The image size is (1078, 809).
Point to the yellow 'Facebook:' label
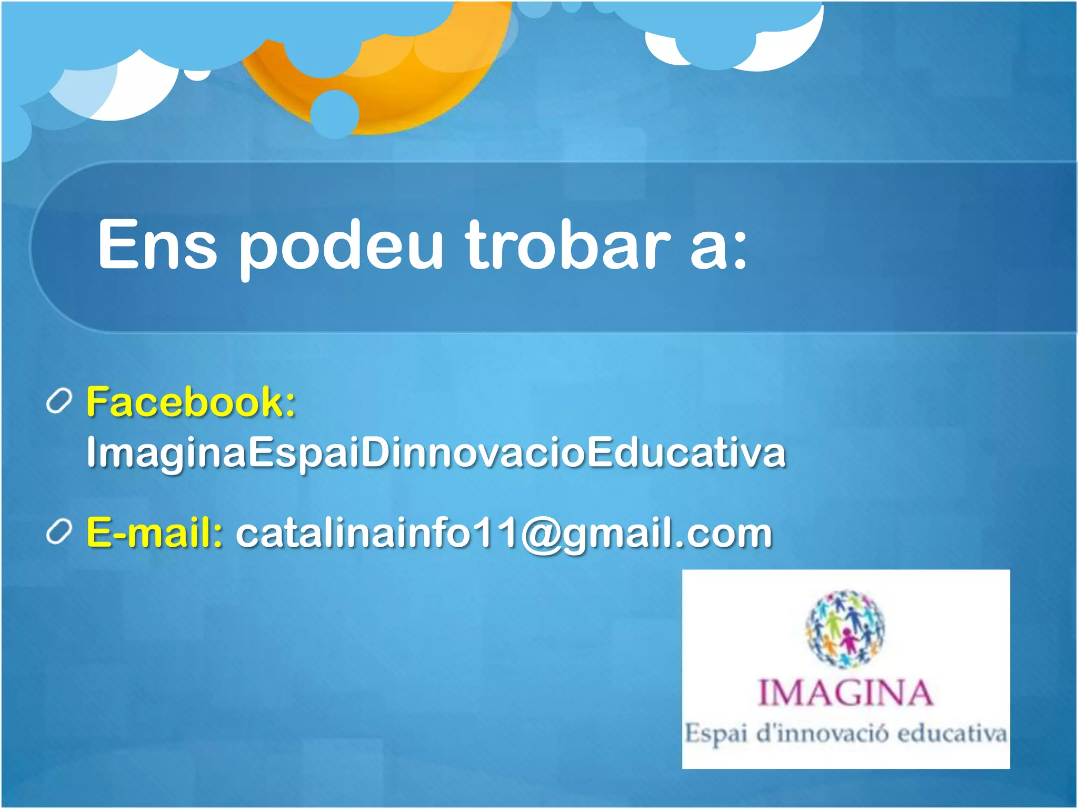(191, 402)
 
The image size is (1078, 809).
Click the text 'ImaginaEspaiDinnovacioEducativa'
(436, 452)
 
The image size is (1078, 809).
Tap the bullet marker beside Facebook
(58, 402)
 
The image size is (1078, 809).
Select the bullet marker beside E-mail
(58, 532)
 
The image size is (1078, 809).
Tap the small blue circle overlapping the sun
(334, 114)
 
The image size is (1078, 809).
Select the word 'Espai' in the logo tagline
(716, 734)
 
